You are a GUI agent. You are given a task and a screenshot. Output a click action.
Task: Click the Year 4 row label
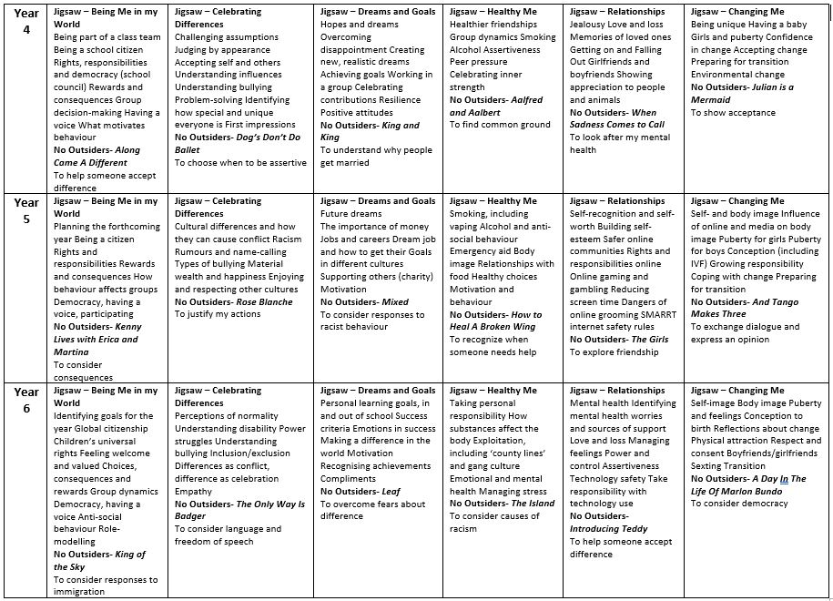tap(26, 19)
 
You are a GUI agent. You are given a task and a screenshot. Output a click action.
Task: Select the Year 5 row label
tap(26, 209)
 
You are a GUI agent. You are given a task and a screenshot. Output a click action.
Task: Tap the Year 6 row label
tap(26, 398)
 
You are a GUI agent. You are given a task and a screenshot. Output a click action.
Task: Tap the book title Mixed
tap(394, 302)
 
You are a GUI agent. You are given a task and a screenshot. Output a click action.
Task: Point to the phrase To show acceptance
tap(733, 113)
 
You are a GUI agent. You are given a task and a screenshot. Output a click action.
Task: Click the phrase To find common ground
tap(500, 125)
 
